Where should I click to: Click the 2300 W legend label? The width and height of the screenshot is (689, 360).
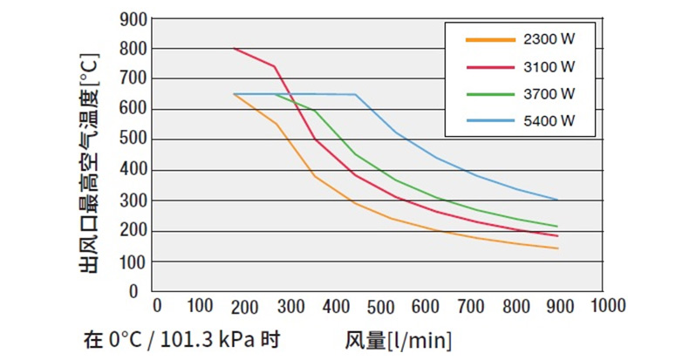[549, 40]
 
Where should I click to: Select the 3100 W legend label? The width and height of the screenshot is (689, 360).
[549, 66]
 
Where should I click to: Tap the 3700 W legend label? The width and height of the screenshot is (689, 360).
[549, 92]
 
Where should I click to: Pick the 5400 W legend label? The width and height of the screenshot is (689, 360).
[549, 119]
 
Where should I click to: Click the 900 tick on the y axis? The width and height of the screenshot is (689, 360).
[128, 18]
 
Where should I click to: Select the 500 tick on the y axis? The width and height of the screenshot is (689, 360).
[128, 139]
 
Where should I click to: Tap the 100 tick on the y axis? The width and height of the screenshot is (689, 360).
[128, 262]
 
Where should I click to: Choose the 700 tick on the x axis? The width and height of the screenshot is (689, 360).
[470, 305]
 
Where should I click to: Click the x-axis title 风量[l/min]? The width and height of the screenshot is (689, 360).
[398, 338]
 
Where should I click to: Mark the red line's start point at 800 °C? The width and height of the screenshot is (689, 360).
[234, 49]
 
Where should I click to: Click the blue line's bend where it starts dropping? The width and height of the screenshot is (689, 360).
[356, 94]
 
